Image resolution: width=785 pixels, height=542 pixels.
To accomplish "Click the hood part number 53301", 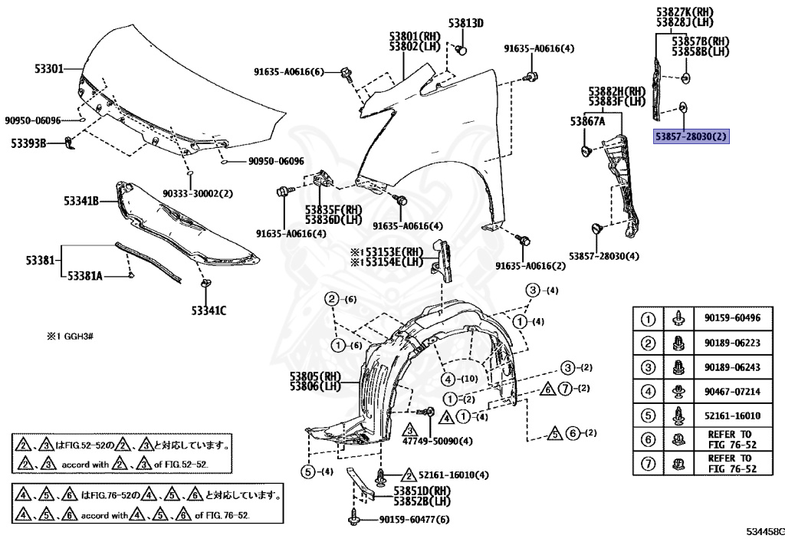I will click(x=48, y=68).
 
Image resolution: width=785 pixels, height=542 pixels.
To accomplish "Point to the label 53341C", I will click(x=209, y=310).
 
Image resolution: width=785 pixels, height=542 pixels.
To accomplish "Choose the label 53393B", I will click(x=28, y=143).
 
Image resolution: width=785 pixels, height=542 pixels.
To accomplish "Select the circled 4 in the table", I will click(x=648, y=392).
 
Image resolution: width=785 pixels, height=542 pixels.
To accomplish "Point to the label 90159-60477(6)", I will click(x=414, y=520).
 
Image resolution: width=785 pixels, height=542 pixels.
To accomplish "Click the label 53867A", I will click(x=587, y=121).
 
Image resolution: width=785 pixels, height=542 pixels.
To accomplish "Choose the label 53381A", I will click(x=85, y=274).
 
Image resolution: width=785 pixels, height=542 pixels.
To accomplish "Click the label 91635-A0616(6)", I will click(x=290, y=72).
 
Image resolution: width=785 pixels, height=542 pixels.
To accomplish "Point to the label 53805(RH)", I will click(x=314, y=376).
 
